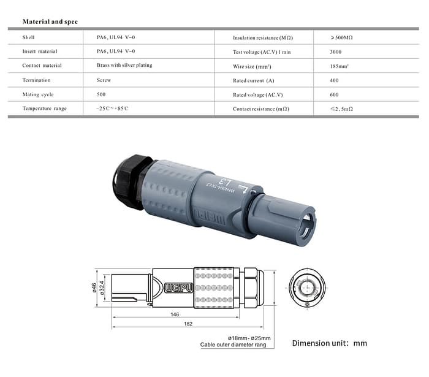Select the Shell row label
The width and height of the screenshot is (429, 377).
click(29, 37)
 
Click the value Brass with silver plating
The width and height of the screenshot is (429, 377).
click(124, 65)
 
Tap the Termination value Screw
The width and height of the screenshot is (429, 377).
click(104, 80)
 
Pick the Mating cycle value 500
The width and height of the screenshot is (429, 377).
click(101, 94)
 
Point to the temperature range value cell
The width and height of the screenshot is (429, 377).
click(112, 109)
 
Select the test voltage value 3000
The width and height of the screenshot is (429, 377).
click(336, 51)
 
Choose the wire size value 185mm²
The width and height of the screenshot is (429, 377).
click(341, 66)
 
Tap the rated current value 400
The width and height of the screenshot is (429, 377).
click(335, 80)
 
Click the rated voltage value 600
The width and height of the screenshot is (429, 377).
click(335, 94)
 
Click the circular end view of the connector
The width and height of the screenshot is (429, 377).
click(307, 288)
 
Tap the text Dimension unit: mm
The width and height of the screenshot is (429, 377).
click(329, 343)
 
